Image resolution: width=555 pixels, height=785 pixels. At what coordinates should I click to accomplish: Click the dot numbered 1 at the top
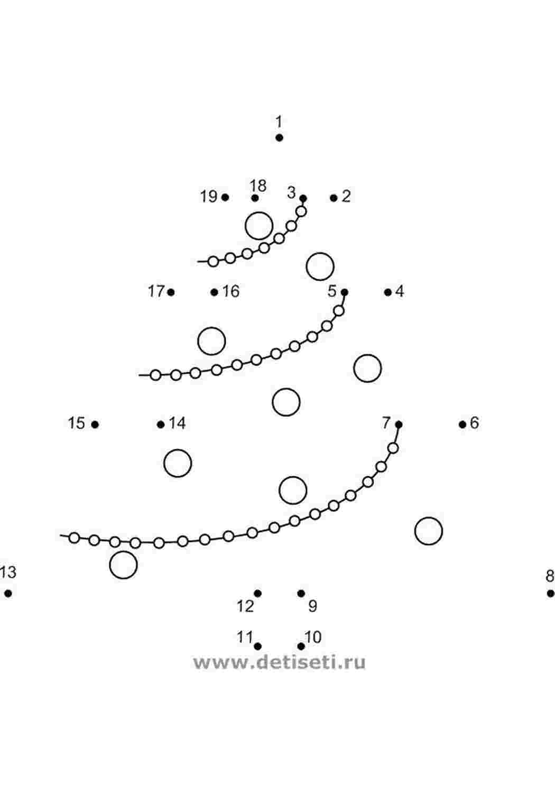[279, 138]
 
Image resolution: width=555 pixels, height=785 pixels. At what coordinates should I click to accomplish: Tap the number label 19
[209, 196]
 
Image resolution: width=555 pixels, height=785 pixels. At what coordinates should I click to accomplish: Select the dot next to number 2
[334, 198]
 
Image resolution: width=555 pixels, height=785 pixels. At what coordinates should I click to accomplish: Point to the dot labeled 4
[388, 292]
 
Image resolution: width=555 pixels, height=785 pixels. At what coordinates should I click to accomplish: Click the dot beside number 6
[462, 424]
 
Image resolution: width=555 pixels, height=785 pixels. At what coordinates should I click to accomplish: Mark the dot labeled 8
[550, 593]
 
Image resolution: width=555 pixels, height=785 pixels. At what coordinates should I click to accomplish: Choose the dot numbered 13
[8, 593]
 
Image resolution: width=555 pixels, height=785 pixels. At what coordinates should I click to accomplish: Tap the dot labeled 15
[95, 424]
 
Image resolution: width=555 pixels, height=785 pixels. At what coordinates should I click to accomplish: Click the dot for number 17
[171, 292]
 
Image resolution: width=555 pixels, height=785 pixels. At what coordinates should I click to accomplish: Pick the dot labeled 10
[301, 646]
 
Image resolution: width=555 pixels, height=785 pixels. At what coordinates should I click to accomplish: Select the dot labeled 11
[257, 646]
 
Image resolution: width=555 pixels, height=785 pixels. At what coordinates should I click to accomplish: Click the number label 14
[177, 423]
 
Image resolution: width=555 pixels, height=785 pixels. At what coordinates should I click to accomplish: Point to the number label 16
[231, 291]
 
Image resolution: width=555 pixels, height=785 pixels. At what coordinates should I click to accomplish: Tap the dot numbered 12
[257, 593]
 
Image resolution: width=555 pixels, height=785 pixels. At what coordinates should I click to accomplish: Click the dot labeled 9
[301, 593]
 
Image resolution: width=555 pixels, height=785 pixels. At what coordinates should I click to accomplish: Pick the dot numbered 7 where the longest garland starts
[399, 424]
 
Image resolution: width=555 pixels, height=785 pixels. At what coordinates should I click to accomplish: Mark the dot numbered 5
[345, 292]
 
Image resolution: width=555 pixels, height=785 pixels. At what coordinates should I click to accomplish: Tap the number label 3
[292, 192]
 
